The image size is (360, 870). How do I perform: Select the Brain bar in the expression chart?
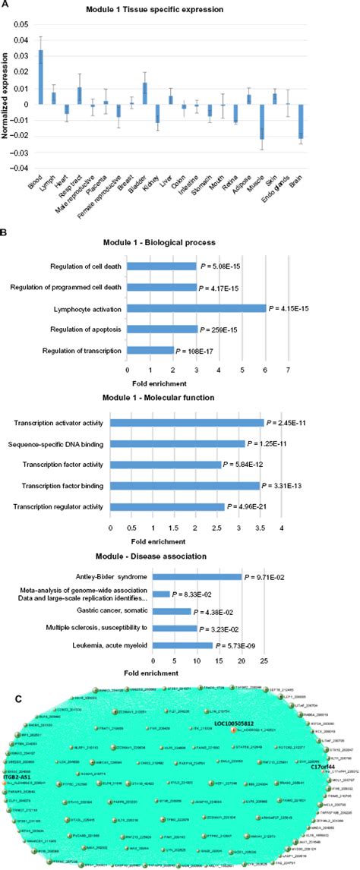coord(344,121)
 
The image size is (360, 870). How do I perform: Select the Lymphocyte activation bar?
coord(197,309)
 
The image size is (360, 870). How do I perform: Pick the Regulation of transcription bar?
coord(150,351)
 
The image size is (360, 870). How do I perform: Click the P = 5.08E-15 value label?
coord(221,267)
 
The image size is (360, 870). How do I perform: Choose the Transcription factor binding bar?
coord(185,485)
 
